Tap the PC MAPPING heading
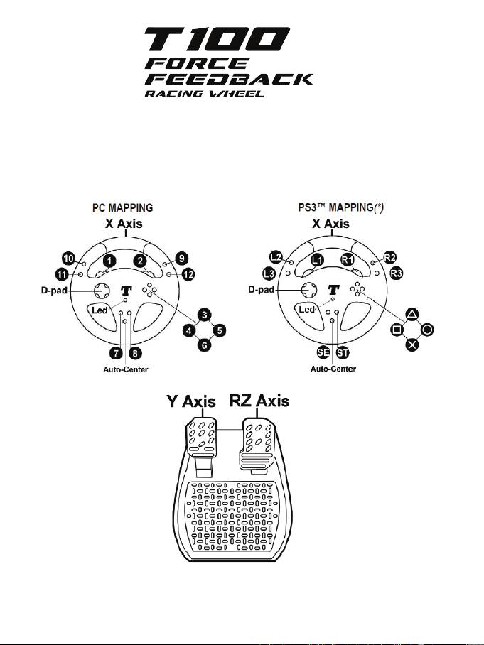coord(124,210)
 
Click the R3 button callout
coord(395,275)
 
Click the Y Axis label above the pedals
coord(190,402)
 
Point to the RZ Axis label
coord(259,401)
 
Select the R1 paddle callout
coord(348,261)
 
